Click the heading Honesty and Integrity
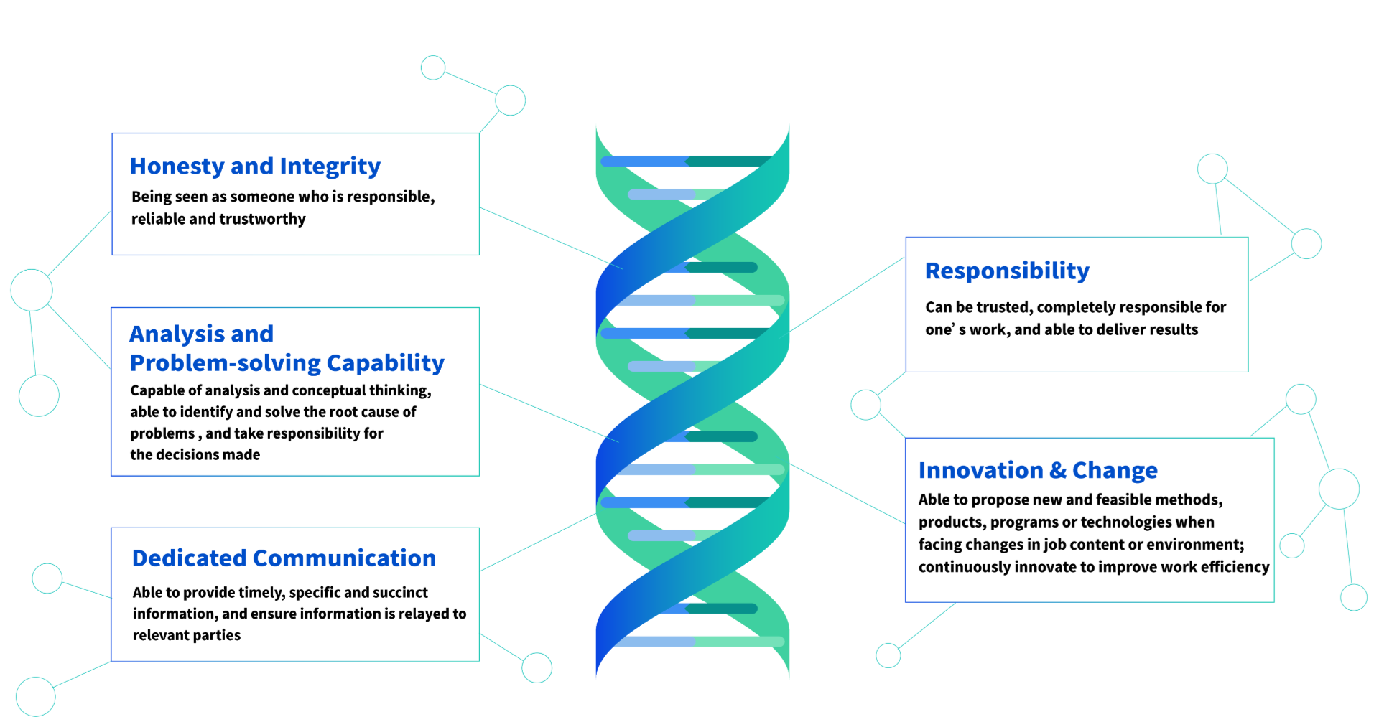click(x=255, y=167)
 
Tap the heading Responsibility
click(x=1006, y=271)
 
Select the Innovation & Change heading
click(x=1037, y=471)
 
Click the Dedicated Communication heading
click(x=284, y=558)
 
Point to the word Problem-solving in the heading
click(x=225, y=363)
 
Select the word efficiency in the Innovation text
click(x=1235, y=567)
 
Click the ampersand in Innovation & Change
click(x=1057, y=471)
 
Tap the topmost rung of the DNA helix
click(x=686, y=161)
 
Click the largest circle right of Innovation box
click(x=1339, y=489)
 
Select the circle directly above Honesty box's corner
click(x=510, y=100)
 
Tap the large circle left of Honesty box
click(x=32, y=290)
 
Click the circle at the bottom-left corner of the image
click(x=35, y=696)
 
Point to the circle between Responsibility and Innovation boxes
click(x=865, y=405)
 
